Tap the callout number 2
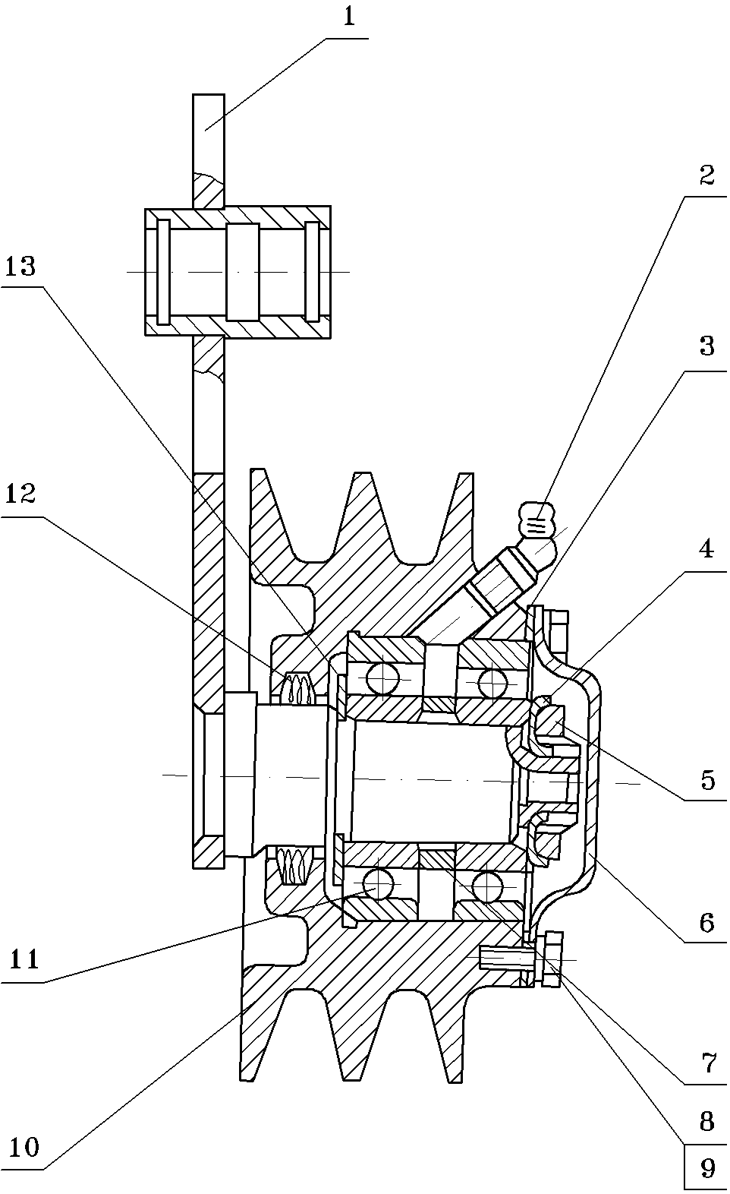coord(707,175)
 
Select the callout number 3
coord(707,347)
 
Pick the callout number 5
coord(708,780)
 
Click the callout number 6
coord(707,923)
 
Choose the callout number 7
coord(708,1064)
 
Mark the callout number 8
coord(707,1122)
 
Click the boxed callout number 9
coord(707,1168)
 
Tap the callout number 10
coord(24,1148)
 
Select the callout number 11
coord(24,959)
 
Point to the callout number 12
coord(20,494)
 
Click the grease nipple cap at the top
coord(540,520)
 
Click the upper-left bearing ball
coord(383,678)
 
